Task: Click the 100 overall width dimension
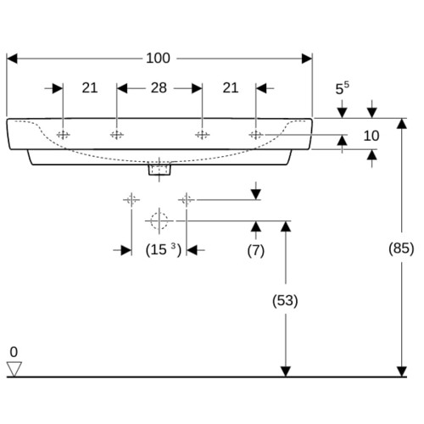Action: point(158,59)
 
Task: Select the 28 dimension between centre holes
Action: point(159,88)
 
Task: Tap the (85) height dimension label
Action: point(401,248)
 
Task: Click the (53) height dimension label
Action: point(285,300)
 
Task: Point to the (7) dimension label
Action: point(256,250)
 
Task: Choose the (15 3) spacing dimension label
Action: point(164,249)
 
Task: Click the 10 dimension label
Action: point(371,136)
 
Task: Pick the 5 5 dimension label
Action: point(342,88)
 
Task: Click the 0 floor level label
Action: point(14,352)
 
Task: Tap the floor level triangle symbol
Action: point(14,369)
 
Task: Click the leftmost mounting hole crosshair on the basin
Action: point(63,135)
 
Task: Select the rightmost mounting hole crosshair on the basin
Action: point(256,135)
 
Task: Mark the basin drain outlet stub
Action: point(159,170)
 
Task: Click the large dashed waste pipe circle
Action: point(159,220)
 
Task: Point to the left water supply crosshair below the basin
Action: point(131,200)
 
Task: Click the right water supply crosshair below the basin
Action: point(187,200)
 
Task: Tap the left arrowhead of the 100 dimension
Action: point(12,59)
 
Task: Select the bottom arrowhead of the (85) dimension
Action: point(402,371)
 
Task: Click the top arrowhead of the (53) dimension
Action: point(286,226)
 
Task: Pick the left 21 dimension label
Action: point(90,88)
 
